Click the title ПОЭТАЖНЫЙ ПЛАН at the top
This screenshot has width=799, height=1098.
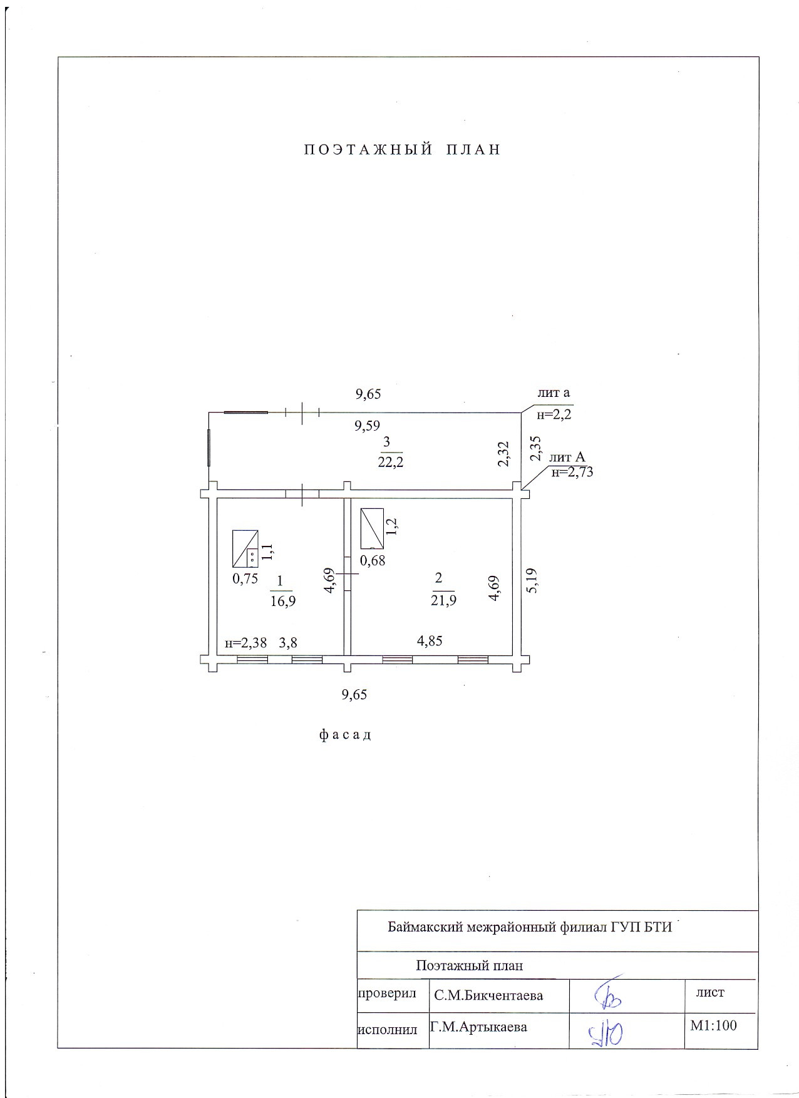(403, 150)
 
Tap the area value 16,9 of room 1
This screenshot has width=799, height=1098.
(282, 602)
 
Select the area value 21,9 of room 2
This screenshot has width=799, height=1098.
(443, 600)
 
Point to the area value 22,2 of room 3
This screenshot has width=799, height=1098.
(389, 463)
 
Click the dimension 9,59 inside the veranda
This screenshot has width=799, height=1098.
(368, 426)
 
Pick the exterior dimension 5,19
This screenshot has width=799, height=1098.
(532, 580)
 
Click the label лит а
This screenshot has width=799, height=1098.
(554, 393)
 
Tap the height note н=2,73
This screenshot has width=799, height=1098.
(572, 473)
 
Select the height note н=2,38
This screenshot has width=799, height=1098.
(245, 643)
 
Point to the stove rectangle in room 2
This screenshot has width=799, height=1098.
(372, 528)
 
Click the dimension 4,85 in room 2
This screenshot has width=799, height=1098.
(430, 641)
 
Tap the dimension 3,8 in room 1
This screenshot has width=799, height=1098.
(288, 642)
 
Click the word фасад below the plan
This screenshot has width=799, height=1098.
(345, 735)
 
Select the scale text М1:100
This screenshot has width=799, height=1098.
(713, 1025)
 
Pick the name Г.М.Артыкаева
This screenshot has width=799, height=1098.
(478, 1027)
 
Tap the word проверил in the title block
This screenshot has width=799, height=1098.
(386, 993)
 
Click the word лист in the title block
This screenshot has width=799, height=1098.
(710, 992)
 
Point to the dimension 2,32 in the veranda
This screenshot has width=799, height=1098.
(503, 454)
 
